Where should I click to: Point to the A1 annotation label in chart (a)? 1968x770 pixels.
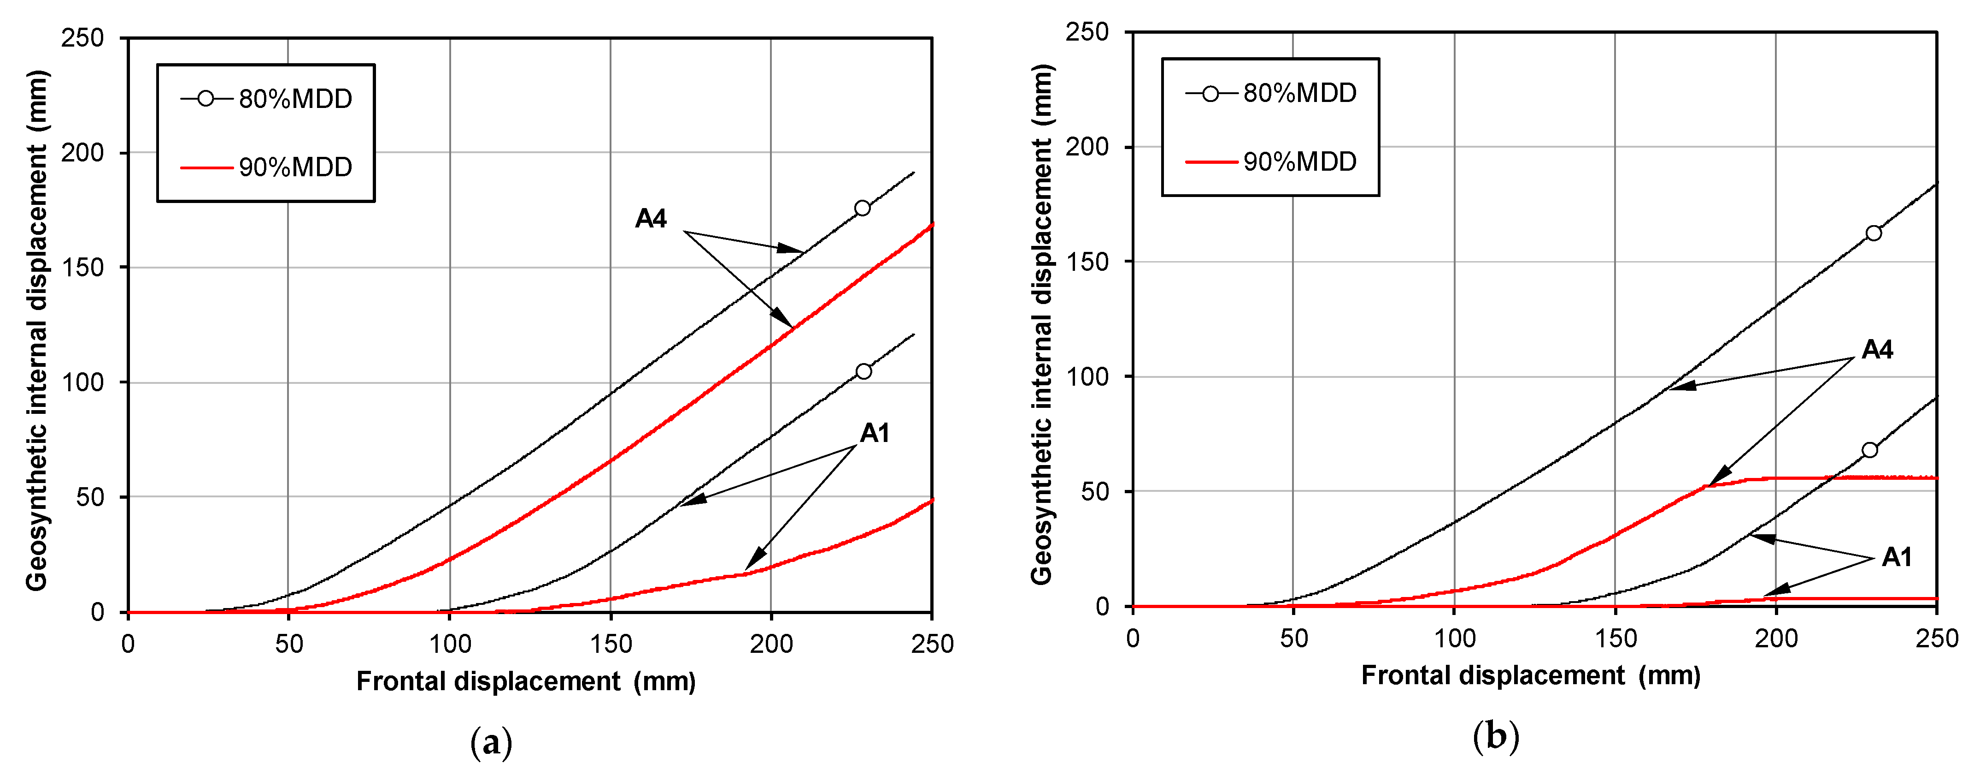point(875,434)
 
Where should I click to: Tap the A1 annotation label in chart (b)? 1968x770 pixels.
point(1897,557)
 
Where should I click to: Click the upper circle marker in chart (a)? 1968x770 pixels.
point(863,208)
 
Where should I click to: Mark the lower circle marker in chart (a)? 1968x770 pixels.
point(864,371)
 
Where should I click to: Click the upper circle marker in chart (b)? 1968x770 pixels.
point(1873,233)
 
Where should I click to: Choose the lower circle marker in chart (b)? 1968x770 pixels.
point(1869,450)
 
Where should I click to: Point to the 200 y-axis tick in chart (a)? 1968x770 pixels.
point(82,153)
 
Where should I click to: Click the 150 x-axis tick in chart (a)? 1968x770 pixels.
point(611,644)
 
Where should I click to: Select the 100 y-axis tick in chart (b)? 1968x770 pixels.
point(1087,377)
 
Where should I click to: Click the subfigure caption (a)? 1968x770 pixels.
point(491,742)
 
